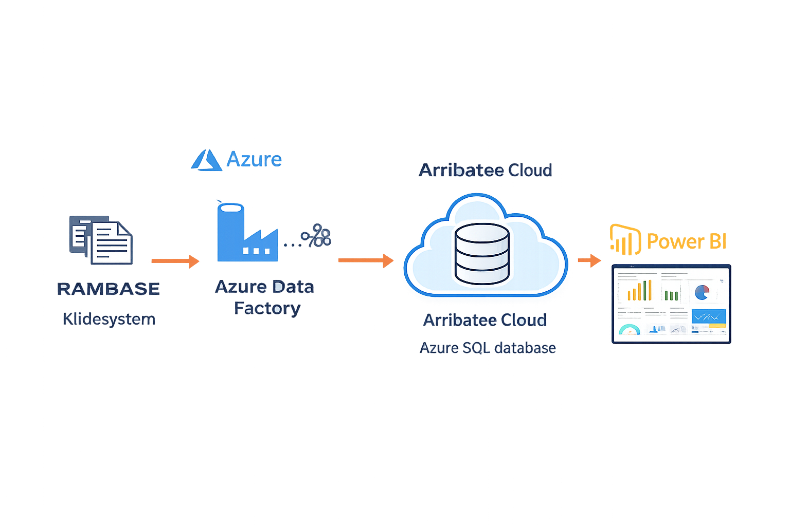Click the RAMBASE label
109,289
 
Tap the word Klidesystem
109,319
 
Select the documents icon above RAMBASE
101,240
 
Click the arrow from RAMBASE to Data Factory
175,261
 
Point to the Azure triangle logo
206,160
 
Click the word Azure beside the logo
254,160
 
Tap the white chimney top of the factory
231,208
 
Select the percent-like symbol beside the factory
316,236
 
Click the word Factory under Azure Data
267,308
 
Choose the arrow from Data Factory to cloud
365,260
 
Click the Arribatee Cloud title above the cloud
485,170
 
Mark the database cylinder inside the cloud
482,254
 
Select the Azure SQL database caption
488,348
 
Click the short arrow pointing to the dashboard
589,260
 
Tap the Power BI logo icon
625,239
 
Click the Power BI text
686,241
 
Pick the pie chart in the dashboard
702,292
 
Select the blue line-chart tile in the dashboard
708,317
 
